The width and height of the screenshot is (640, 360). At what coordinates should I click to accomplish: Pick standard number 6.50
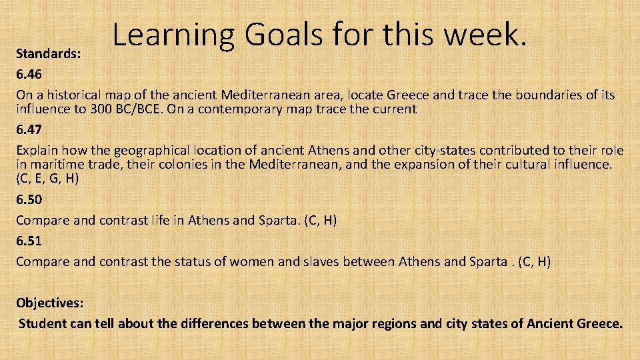tap(29, 199)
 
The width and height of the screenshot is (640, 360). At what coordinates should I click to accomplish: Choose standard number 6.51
tap(29, 241)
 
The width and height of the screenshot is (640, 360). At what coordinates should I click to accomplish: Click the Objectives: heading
tap(50, 303)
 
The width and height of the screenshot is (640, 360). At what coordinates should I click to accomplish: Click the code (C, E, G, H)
tap(47, 179)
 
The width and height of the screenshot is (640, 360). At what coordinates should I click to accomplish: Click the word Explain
tap(37, 150)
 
